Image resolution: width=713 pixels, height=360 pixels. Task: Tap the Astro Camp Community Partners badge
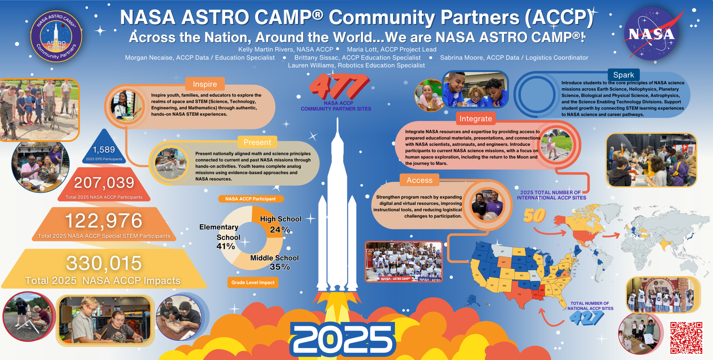56,37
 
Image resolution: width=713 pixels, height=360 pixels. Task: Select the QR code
686,337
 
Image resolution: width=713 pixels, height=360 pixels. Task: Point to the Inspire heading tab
205,84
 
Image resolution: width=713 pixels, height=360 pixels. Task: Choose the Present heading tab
257,142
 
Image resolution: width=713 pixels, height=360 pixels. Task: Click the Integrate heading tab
475,119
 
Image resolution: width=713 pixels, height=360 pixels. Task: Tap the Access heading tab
419,180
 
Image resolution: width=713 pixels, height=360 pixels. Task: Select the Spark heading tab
623,75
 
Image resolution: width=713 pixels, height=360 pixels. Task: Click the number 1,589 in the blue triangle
104,150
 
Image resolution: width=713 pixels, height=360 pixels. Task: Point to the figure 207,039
104,183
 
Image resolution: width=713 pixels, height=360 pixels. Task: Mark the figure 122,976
104,221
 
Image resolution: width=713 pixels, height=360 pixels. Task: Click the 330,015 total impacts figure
104,263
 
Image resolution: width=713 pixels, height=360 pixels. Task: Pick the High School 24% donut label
280,224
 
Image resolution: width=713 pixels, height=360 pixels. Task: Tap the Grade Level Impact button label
253,282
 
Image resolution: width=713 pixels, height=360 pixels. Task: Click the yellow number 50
534,216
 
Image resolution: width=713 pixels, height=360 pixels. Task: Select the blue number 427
587,318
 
